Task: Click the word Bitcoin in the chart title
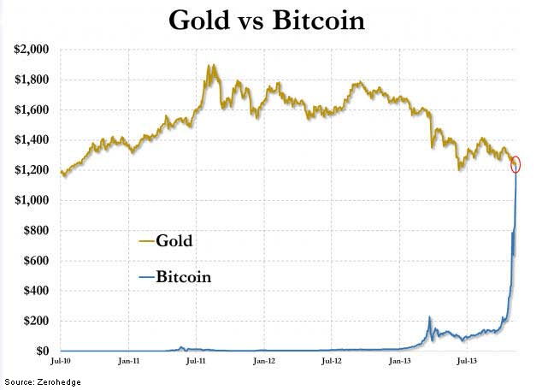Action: click(318, 20)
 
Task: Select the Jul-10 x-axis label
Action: click(61, 363)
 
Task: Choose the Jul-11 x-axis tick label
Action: click(196, 363)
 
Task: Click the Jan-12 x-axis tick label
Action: click(264, 363)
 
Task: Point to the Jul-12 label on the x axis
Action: click(333, 363)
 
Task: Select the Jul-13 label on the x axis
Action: click(468, 363)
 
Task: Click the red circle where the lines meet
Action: click(516, 164)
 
